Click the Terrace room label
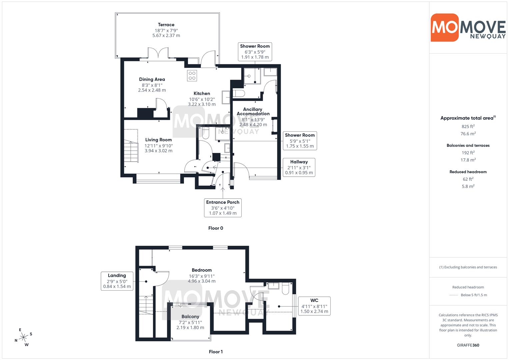click(x=166, y=25)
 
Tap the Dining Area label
click(x=152, y=79)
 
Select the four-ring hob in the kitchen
click(x=192, y=76)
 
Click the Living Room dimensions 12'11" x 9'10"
click(x=159, y=146)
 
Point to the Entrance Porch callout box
click(x=223, y=208)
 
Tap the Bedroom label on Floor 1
click(x=202, y=270)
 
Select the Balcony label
click(x=190, y=317)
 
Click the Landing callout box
click(x=117, y=281)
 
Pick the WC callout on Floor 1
click(x=314, y=306)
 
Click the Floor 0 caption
click(x=216, y=228)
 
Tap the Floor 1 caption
click(x=216, y=352)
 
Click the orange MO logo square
click(x=445, y=27)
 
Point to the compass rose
click(x=23, y=337)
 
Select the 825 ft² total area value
click(x=468, y=126)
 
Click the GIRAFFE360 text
click(x=468, y=345)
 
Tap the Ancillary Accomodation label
click(x=253, y=111)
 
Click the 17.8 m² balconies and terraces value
click(x=468, y=160)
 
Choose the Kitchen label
click(x=202, y=93)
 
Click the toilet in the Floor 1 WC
click(x=285, y=288)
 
